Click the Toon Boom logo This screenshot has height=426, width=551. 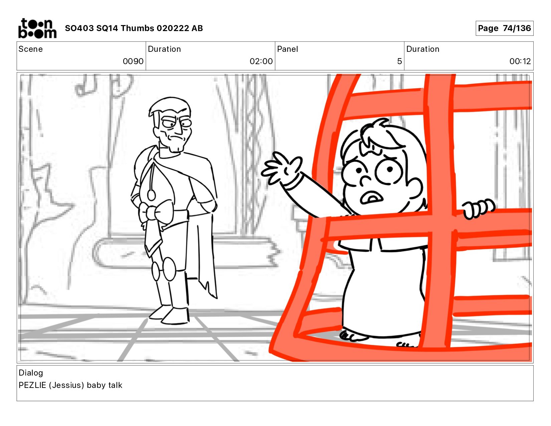point(37,28)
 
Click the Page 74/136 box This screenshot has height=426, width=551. point(504,28)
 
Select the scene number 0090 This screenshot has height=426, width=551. point(133,61)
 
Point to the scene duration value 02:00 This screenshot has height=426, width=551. point(261,61)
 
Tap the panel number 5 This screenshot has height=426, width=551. point(400,61)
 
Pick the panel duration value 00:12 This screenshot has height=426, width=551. point(520,61)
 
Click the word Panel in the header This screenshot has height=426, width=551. point(287,49)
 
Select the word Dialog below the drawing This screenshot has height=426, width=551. point(31,373)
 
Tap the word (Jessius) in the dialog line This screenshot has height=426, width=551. point(66,385)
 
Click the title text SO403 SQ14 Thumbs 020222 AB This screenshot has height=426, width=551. point(134,28)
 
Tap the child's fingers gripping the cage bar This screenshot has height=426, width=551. point(478,208)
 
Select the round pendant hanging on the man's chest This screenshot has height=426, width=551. point(152,195)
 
